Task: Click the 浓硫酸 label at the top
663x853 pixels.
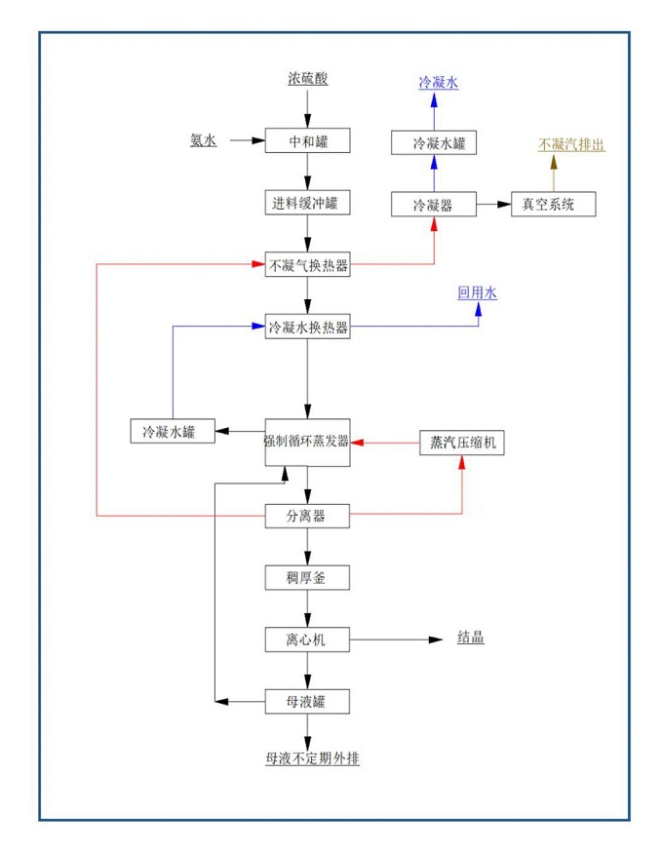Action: point(307,78)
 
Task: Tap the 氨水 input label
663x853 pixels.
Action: point(203,141)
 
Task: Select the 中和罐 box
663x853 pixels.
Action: point(307,141)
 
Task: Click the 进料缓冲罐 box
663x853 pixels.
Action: point(307,203)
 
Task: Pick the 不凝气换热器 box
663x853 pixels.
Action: point(307,264)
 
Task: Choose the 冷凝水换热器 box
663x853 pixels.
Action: point(307,328)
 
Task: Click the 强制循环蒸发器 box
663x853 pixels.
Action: point(307,441)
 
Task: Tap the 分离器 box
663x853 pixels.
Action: point(307,516)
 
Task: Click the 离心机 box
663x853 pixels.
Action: point(307,640)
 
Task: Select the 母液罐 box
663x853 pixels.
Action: point(307,701)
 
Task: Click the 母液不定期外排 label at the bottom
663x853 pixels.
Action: point(307,757)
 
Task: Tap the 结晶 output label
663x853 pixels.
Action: point(471,640)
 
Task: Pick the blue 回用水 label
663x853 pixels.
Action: point(478,291)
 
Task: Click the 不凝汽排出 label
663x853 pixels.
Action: point(571,144)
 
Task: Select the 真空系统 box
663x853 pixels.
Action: point(554,205)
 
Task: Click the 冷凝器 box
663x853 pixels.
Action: point(434,205)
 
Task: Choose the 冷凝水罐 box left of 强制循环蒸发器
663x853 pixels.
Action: point(173,431)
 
